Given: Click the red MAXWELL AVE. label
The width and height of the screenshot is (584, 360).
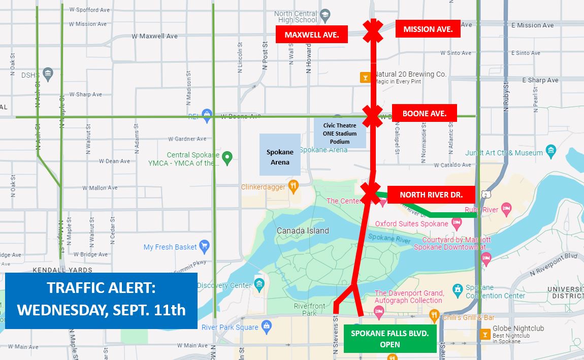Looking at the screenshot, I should point(311,35).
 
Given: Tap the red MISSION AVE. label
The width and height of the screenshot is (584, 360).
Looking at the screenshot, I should point(428,29).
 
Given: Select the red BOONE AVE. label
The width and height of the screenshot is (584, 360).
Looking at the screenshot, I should point(424,113).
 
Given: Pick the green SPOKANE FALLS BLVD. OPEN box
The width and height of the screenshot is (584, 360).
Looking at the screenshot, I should point(390,338).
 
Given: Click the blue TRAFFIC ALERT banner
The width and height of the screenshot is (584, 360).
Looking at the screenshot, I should point(101,300).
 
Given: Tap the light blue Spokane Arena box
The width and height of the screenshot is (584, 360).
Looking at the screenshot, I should point(280,157).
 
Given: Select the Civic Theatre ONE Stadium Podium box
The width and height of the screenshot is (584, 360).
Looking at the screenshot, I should point(340,134).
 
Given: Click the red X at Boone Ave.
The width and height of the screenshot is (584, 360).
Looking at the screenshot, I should point(372,116).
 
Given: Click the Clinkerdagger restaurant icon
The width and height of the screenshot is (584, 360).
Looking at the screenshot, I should point(293,186).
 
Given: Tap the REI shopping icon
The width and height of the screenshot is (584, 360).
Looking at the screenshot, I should point(206,116).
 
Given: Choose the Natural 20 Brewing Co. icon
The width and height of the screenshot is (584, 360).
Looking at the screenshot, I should point(365,78).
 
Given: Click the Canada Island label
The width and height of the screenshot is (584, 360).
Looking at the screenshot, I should point(303,231).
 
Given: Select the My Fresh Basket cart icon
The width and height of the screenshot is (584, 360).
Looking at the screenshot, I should point(204,247).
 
